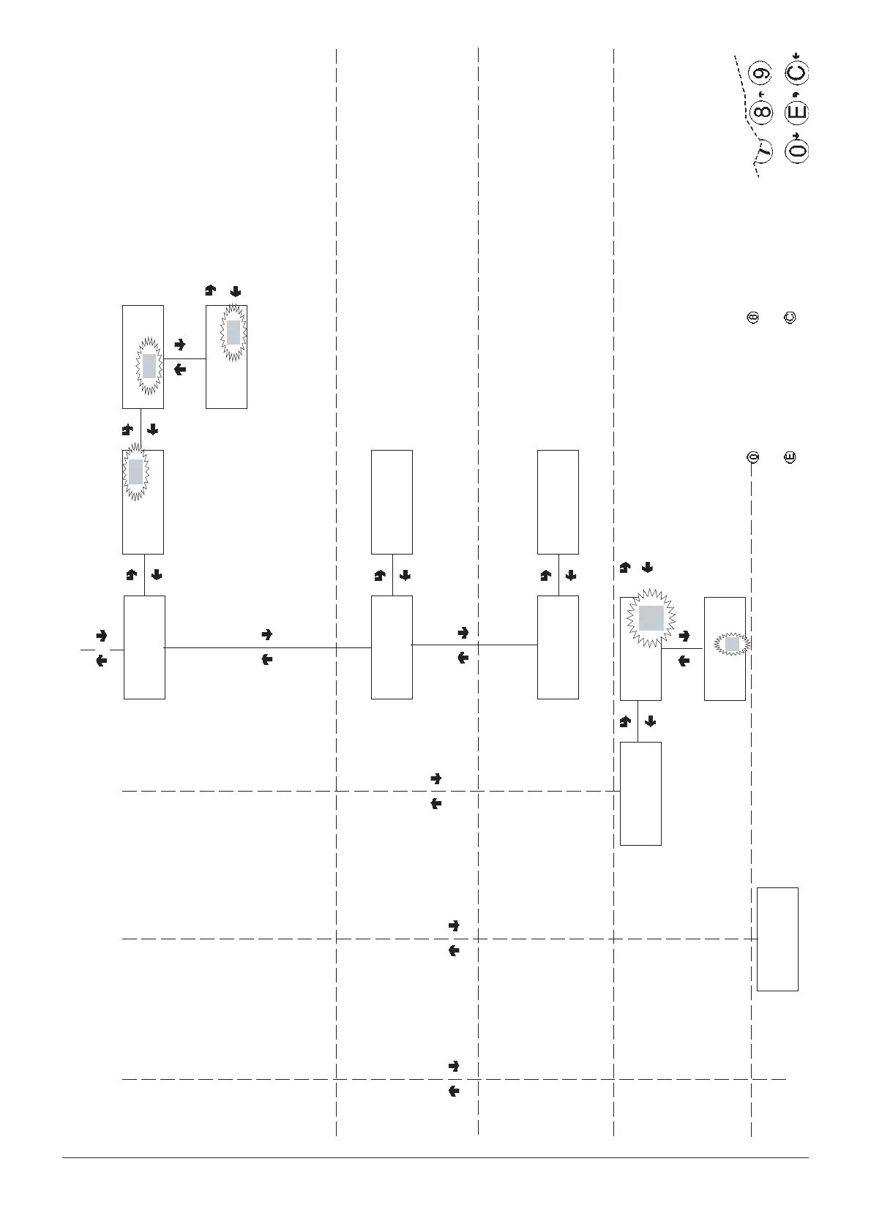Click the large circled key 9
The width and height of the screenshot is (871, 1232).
click(x=762, y=73)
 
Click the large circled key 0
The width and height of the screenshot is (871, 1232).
click(x=796, y=151)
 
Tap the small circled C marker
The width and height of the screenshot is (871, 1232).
click(x=790, y=318)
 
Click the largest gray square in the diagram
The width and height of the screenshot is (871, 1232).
click(x=651, y=618)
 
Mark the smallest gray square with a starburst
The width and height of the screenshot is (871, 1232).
click(x=733, y=645)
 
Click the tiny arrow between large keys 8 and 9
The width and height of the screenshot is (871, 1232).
click(x=761, y=94)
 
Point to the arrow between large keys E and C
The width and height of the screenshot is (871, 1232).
click(x=796, y=93)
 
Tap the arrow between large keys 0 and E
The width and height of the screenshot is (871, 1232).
click(x=796, y=132)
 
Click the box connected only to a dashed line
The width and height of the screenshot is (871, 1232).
click(x=777, y=939)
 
